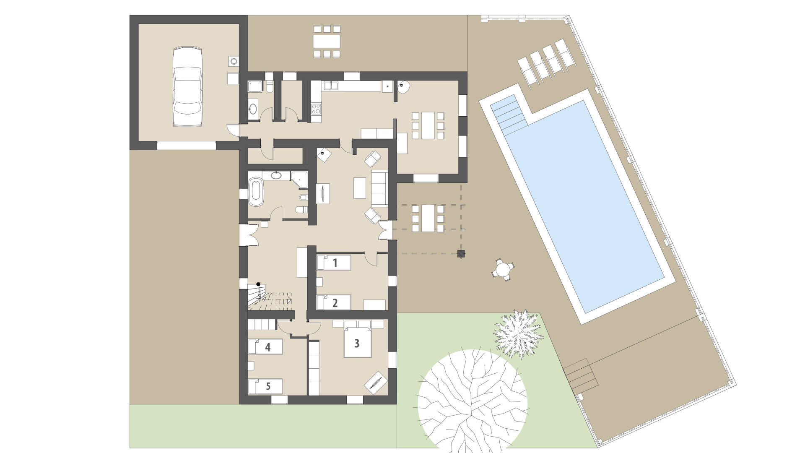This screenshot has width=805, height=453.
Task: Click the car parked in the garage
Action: pos(187,86)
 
